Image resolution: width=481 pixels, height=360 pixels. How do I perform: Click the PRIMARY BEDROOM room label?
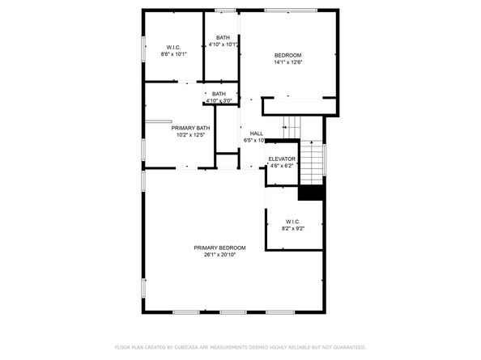click(x=219, y=248)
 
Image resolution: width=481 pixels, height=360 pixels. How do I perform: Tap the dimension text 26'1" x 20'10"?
click(x=219, y=255)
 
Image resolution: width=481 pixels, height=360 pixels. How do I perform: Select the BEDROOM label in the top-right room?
click(x=287, y=55)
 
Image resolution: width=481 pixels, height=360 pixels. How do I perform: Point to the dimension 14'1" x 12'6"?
click(x=287, y=62)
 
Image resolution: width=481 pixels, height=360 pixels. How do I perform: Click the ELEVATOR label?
click(x=282, y=159)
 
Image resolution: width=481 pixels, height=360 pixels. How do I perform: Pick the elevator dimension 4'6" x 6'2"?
click(x=282, y=166)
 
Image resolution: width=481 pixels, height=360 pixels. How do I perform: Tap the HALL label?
click(x=256, y=133)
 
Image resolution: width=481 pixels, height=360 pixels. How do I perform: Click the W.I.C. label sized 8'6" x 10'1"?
click(x=175, y=47)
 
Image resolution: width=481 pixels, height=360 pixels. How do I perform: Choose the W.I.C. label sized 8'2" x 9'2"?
click(x=292, y=222)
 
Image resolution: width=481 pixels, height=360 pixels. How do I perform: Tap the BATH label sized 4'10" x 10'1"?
click(x=222, y=37)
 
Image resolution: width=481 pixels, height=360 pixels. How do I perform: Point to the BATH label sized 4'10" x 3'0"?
click(x=219, y=94)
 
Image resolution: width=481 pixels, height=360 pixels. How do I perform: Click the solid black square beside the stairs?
click(x=311, y=193)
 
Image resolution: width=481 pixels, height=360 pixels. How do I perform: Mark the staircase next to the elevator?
click(x=313, y=162)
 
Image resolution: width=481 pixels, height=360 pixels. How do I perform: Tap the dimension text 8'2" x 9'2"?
click(x=292, y=229)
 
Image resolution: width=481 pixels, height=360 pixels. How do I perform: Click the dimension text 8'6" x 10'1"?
click(x=175, y=54)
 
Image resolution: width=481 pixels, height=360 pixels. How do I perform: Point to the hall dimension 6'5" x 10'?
click(x=255, y=141)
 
